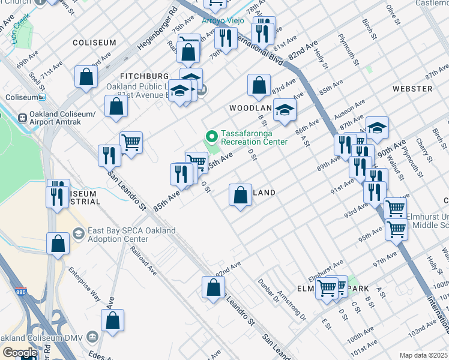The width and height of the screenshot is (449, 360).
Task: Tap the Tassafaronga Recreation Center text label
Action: [254, 137]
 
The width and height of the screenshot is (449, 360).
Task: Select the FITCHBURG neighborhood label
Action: [144, 77]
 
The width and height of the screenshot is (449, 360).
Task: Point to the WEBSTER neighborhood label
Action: [412, 89]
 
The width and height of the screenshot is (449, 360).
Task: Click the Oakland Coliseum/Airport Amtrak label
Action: [65, 119]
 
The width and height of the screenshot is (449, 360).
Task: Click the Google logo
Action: [20, 353]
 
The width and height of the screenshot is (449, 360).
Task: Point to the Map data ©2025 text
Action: [424, 355]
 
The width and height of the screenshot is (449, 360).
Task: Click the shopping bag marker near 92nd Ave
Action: [213, 287]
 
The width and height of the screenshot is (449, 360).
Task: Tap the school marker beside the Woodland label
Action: [285, 110]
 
